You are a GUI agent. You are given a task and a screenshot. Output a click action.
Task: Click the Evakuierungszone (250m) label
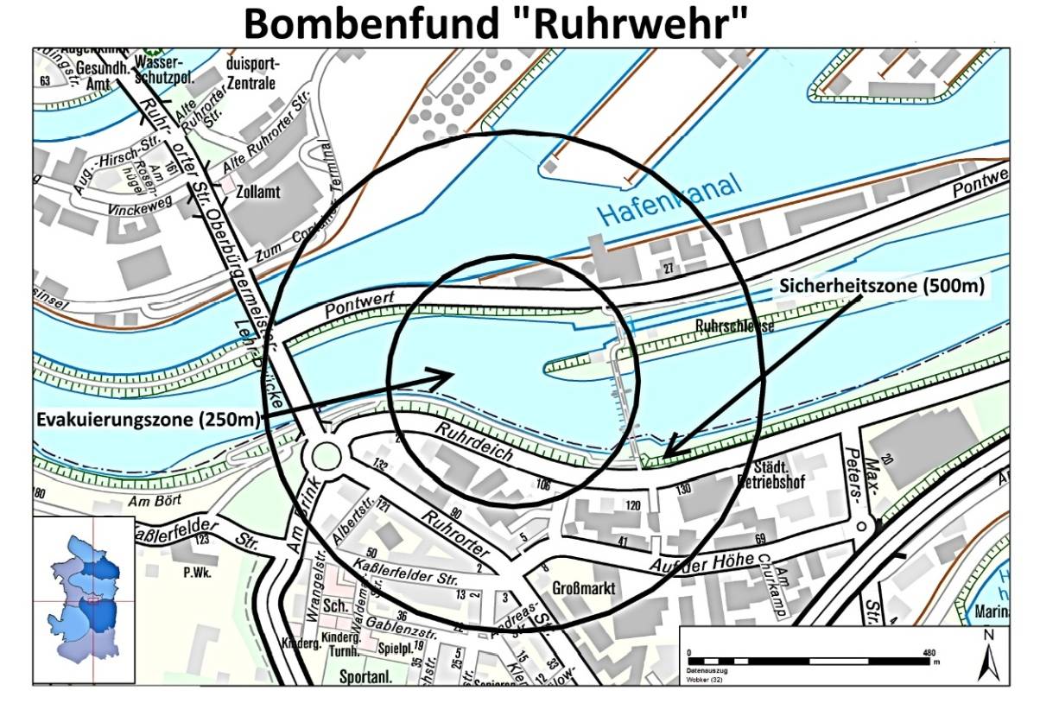coord(148,421)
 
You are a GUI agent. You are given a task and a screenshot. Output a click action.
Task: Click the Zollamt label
coord(261,192)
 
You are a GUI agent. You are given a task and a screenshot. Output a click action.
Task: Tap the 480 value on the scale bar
coord(929,652)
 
